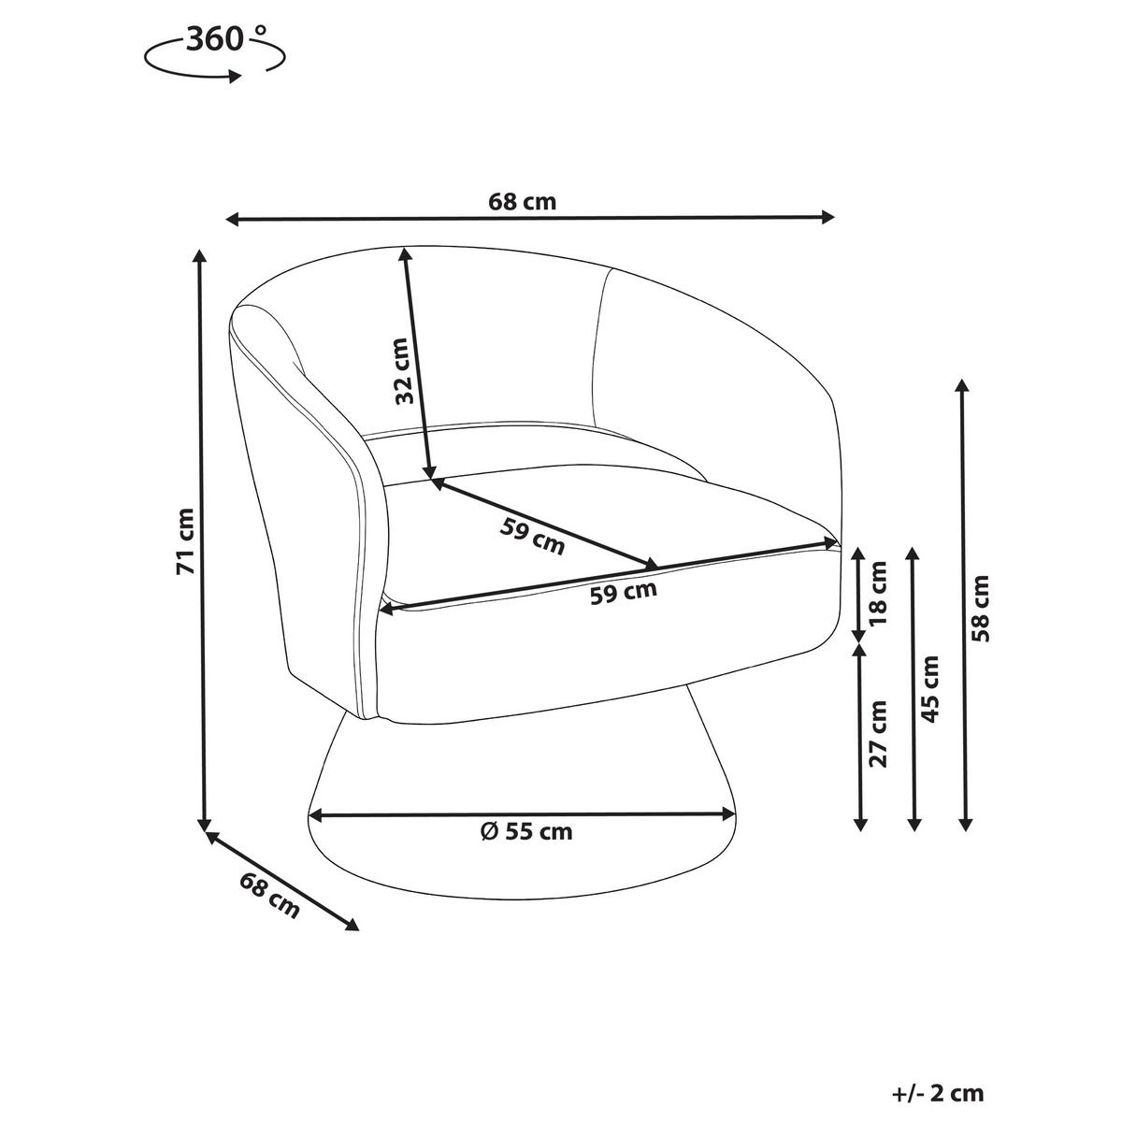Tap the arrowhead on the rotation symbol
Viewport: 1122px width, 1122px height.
coord(235,77)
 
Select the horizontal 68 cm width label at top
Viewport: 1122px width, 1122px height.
coord(523,202)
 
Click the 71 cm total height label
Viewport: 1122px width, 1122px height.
coord(185,541)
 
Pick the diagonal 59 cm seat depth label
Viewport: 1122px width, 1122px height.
coord(532,537)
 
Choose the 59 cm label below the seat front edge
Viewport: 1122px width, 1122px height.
coord(624,592)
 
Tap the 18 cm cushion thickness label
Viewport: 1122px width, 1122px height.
coord(878,593)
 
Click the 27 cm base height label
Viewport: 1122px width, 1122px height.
coord(878,734)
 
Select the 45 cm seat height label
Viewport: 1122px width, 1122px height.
coord(930,689)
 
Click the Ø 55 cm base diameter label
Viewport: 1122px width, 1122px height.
coord(526,832)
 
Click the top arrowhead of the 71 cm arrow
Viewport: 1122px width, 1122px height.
coord(200,258)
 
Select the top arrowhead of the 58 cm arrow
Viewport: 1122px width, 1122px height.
coord(963,387)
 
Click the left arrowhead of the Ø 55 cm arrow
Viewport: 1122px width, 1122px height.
coord(316,814)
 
